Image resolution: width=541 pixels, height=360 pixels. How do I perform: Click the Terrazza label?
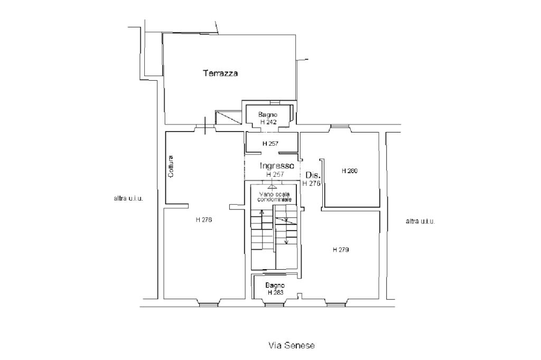pyautogui.click(x=220, y=73)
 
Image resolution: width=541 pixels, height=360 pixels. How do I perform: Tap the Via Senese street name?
pyautogui.click(x=292, y=346)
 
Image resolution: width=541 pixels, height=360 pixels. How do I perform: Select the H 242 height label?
pyautogui.click(x=268, y=122)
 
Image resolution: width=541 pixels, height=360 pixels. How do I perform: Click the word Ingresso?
pyautogui.click(x=277, y=166)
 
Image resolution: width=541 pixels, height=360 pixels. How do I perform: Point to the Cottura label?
pyautogui.click(x=171, y=168)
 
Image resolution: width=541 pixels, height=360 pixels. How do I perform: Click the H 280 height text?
pyautogui.click(x=350, y=170)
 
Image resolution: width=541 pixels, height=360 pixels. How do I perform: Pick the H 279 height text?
pyautogui.click(x=341, y=249)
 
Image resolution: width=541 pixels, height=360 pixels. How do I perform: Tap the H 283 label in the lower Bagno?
pyautogui.click(x=276, y=292)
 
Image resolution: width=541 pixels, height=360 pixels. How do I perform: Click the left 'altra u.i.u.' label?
pyautogui.click(x=128, y=198)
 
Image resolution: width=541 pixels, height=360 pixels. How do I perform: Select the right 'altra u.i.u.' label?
pyautogui.click(x=420, y=221)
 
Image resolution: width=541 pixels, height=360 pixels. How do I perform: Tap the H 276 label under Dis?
pyautogui.click(x=311, y=183)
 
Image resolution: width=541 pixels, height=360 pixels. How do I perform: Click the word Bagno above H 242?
pyautogui.click(x=268, y=115)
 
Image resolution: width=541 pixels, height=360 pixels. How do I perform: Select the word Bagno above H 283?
pyautogui.click(x=275, y=285)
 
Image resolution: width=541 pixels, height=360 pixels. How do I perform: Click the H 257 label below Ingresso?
pyautogui.click(x=275, y=174)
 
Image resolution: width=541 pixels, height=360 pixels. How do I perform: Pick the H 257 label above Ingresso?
pyautogui.click(x=271, y=144)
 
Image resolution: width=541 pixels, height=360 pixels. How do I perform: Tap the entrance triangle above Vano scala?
pyautogui.click(x=272, y=186)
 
